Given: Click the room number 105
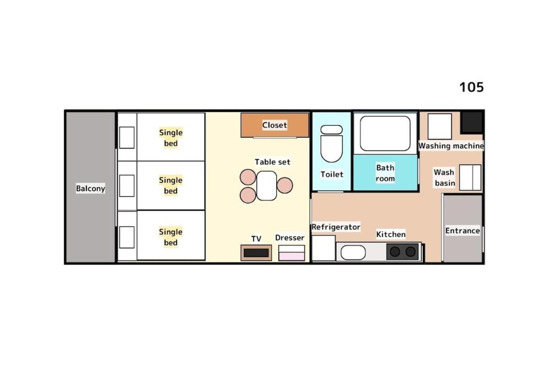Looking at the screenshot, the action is click(472, 87).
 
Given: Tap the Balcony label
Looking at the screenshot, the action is click(91, 188).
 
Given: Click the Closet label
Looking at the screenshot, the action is click(274, 125).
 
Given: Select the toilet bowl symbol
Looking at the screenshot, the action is click(331, 144).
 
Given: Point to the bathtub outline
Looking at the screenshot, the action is click(385, 134).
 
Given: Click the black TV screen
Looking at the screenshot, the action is click(256, 253).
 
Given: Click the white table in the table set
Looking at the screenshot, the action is click(267, 186).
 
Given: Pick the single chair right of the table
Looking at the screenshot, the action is click(285, 186).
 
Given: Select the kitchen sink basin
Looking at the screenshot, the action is click(353, 252).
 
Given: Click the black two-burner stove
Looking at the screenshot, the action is click(403, 251).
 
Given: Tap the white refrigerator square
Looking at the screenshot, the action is click(323, 248).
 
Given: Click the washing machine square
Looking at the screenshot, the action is click(440, 126).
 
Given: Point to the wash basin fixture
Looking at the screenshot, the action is click(470, 177).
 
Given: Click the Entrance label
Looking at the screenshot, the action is click(463, 231).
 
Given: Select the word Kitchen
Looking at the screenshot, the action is click(391, 235).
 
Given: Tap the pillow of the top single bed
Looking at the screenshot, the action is click(127, 138).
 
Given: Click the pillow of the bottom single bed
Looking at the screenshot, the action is click(127, 237).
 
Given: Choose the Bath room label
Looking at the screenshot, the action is click(385, 173).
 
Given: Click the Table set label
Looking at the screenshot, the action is click(272, 162).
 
